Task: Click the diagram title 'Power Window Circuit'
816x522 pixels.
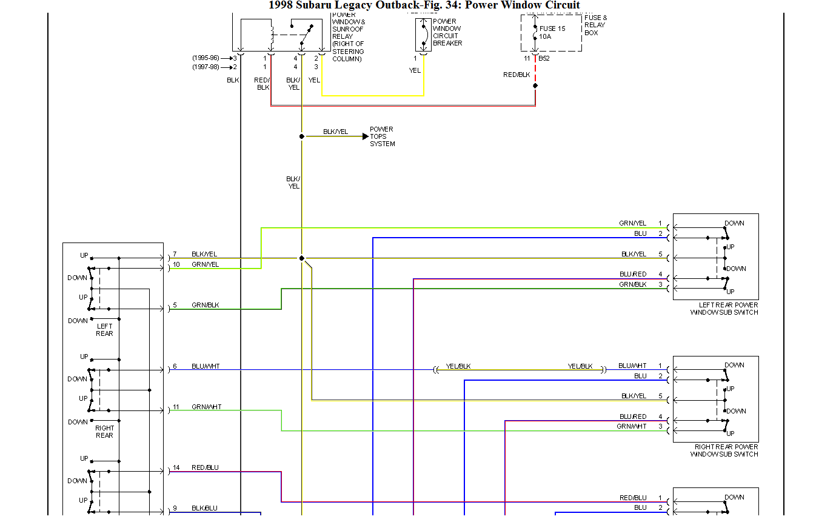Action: coord(522,5)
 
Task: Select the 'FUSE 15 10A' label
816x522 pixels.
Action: coord(552,33)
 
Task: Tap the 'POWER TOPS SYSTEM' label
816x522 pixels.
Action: coord(382,136)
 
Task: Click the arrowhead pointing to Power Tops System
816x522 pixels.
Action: coord(365,136)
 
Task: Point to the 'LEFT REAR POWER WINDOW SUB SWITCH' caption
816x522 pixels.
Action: coord(724,309)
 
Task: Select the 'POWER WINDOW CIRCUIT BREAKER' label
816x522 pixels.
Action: coord(447,32)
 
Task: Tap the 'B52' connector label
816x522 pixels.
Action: coord(544,58)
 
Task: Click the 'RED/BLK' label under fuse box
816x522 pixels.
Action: coord(517,75)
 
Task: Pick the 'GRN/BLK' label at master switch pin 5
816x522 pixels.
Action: coord(205,305)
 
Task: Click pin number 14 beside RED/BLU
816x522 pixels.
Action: coord(176,467)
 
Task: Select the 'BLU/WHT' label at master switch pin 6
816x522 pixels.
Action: coord(206,366)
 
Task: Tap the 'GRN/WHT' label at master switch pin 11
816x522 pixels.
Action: coord(206,407)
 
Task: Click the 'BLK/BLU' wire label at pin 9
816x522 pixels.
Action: coord(204,508)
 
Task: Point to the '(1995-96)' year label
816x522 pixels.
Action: coord(206,58)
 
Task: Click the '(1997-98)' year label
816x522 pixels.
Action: coord(206,67)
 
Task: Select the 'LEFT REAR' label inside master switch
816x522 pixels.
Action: coord(104,330)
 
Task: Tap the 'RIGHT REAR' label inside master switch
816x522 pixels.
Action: coord(104,431)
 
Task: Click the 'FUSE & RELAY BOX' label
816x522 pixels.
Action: coord(595,25)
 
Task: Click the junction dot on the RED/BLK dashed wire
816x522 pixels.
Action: coord(535,85)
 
